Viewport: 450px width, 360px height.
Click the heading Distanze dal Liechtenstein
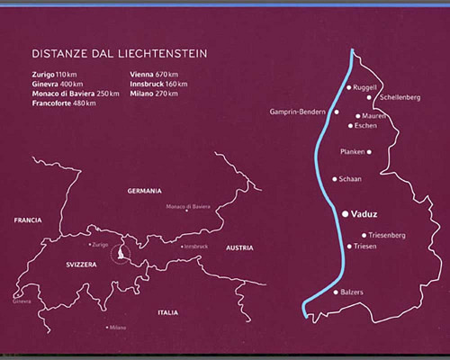click(x=119, y=54)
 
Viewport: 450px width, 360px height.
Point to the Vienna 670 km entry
click(x=157, y=73)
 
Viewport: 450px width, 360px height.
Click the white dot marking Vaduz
click(x=345, y=213)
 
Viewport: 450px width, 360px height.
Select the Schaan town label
click(x=350, y=179)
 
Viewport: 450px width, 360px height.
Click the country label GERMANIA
click(x=144, y=191)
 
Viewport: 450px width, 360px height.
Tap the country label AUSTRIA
click(x=238, y=247)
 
